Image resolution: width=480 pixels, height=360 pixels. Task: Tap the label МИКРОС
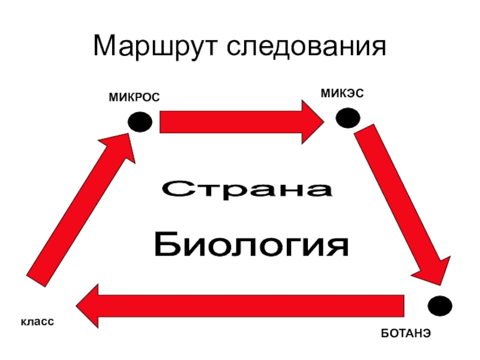(134, 97)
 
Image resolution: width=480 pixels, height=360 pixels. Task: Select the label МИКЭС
(342, 93)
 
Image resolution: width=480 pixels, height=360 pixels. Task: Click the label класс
(38, 322)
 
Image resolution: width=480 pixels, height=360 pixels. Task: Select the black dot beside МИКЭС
(347, 118)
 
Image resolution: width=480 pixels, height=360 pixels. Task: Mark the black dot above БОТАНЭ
(439, 305)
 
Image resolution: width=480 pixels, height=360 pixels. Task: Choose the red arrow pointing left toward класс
(240, 305)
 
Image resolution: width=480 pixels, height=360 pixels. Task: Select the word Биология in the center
(251, 244)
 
